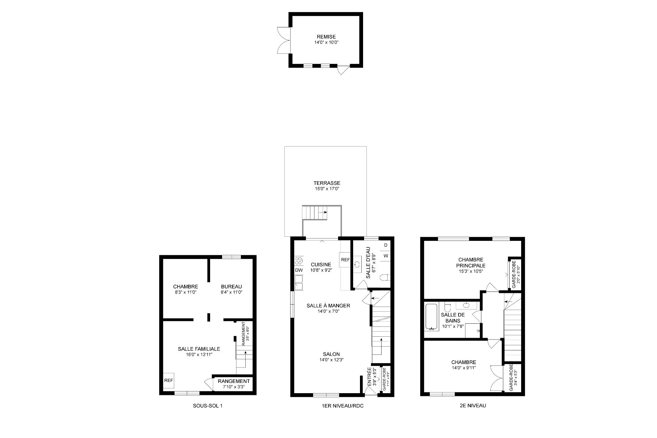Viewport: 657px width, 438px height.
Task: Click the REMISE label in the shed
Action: pyautogui.click(x=326, y=37)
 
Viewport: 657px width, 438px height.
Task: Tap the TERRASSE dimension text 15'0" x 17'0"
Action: pyautogui.click(x=327, y=189)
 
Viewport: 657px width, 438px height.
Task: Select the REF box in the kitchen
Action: pyautogui.click(x=345, y=260)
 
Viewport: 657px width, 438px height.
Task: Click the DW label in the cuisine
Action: pyautogui.click(x=299, y=270)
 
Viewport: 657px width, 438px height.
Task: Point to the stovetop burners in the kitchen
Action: pyautogui.click(x=299, y=261)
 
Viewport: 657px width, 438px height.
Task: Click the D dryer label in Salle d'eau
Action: pyautogui.click(x=386, y=245)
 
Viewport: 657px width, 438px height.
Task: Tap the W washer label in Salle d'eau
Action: pyautogui.click(x=386, y=256)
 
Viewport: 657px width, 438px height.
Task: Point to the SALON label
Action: pyautogui.click(x=331, y=354)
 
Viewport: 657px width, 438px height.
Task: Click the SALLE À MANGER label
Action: pyautogui.click(x=328, y=306)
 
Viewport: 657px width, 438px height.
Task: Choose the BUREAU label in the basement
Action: pyautogui.click(x=231, y=286)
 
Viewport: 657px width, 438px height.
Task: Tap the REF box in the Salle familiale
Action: pyautogui.click(x=168, y=380)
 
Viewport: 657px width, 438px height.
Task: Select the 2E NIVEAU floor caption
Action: pyautogui.click(x=472, y=405)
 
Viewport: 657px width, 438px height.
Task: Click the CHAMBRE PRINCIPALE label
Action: pyautogui.click(x=471, y=262)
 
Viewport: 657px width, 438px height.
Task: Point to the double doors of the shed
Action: pyautogui.click(x=283, y=40)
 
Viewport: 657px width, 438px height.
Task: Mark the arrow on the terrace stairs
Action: pyautogui.click(x=323, y=212)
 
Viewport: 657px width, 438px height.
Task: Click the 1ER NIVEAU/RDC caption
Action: pyautogui.click(x=343, y=406)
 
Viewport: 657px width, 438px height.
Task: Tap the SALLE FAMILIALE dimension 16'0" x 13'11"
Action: pyautogui.click(x=199, y=355)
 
